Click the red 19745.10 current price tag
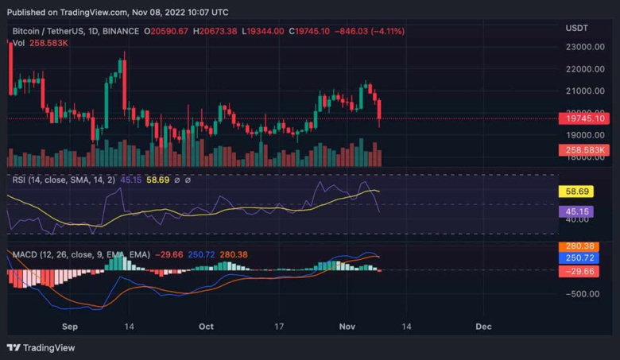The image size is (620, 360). tap(584, 118)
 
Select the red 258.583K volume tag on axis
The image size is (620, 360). tap(584, 149)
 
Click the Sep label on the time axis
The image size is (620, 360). tap(69, 326)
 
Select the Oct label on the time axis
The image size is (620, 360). tap(207, 326)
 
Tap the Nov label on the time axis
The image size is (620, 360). tap(346, 326)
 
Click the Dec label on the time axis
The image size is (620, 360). tap(482, 326)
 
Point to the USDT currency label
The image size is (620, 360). tap(576, 28)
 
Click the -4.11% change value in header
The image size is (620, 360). tap(386, 31)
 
